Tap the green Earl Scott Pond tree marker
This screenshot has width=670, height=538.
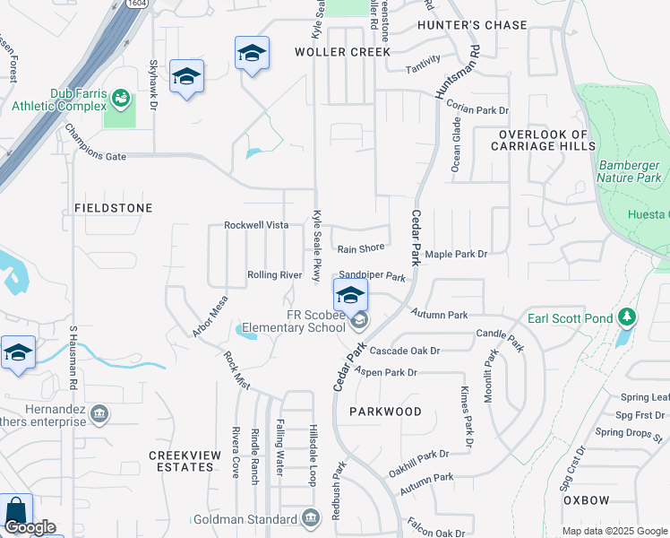[x=628, y=317]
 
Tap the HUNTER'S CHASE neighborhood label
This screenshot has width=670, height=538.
[x=475, y=25]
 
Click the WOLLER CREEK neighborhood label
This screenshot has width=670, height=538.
[x=343, y=52]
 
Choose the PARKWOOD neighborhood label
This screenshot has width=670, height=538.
[x=387, y=412]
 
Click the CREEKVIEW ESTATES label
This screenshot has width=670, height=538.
[x=185, y=461]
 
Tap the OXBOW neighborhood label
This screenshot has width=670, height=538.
[x=587, y=499]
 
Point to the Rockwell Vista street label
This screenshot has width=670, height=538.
[x=256, y=224]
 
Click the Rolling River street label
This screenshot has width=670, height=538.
[x=274, y=274]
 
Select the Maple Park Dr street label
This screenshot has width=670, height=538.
[x=456, y=255]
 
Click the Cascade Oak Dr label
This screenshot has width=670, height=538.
[x=405, y=351]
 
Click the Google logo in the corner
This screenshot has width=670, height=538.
[x=30, y=527]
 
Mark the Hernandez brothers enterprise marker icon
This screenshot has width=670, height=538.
[x=99, y=414]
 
